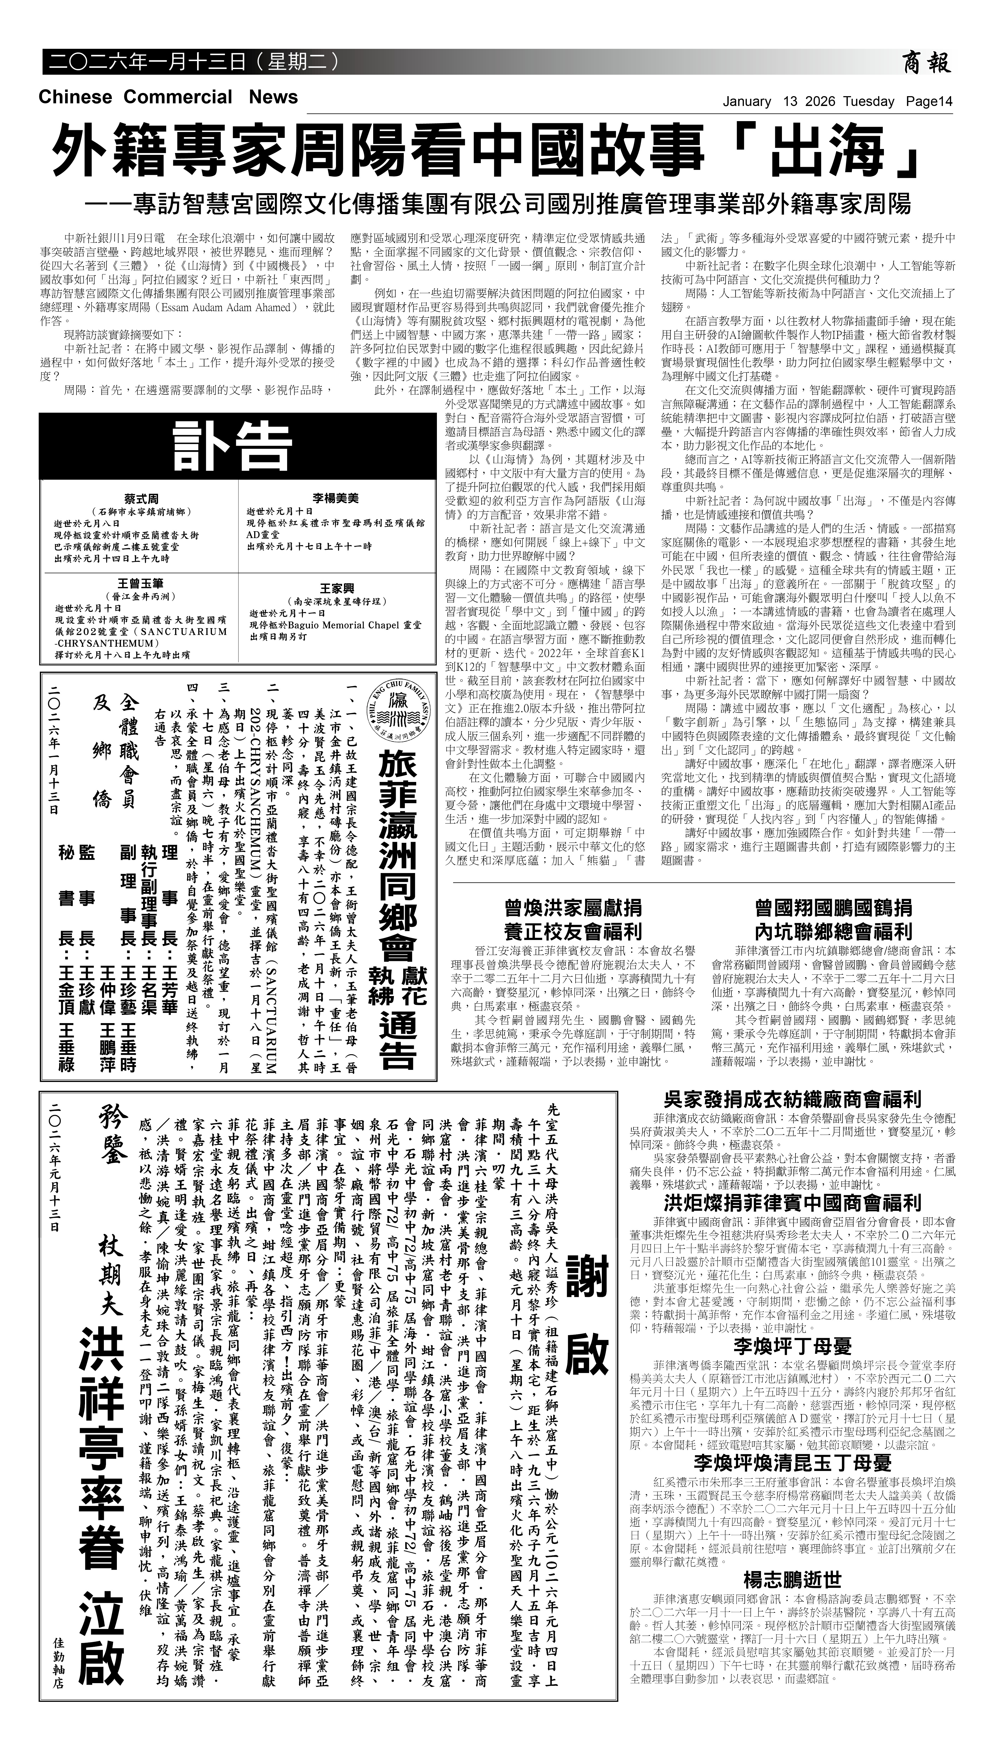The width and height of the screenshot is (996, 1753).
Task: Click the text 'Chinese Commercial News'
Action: coord(168,97)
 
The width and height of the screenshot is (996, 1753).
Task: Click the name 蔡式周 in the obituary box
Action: coord(142,499)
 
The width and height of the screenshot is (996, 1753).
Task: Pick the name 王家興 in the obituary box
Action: coord(335,588)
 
